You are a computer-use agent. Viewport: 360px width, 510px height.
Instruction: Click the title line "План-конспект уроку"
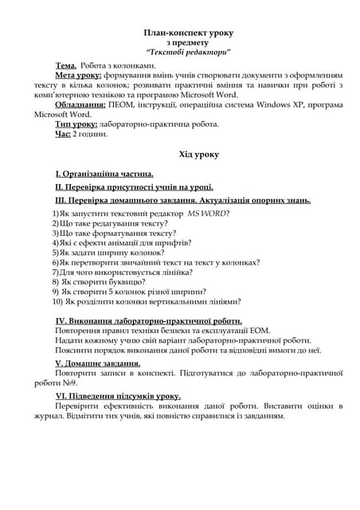(x=188, y=33)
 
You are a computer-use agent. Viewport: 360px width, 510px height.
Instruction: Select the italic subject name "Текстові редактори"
(x=188, y=52)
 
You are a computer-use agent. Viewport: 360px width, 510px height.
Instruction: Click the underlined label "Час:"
(x=63, y=134)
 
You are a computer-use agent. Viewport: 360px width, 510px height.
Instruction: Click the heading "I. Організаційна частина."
(x=104, y=173)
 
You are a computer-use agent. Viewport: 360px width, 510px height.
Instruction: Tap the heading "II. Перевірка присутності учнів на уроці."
(x=134, y=186)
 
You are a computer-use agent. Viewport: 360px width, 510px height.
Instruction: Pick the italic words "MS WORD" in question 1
(x=207, y=214)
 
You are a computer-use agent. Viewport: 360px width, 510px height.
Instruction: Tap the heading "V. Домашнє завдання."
(x=97, y=363)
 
